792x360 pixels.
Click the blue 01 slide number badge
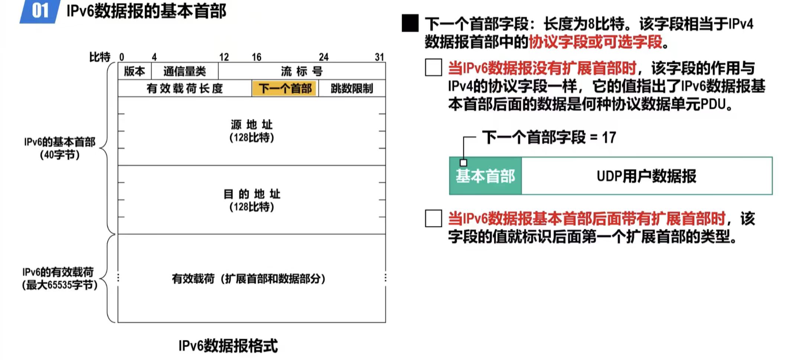coord(40,11)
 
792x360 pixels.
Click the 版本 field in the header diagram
coord(134,71)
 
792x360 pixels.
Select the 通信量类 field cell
coord(185,71)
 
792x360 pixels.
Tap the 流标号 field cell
coord(302,71)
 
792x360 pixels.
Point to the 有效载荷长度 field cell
coord(185,88)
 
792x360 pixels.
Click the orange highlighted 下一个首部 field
coord(285,88)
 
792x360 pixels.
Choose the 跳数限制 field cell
coord(352,88)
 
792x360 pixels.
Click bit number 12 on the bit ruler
coord(224,57)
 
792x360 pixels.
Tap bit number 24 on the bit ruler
coord(323,57)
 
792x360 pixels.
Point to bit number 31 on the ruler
coord(379,57)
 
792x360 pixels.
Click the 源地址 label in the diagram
coord(251,124)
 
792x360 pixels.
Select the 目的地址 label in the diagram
coord(251,194)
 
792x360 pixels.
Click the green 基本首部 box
coord(485,176)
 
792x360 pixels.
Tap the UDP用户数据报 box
coord(646,176)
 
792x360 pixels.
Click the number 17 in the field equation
coord(609,137)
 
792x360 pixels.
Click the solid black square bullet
coord(410,23)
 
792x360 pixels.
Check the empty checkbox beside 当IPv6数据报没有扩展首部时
coord(433,68)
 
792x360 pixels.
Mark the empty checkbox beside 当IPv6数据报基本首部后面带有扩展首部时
coord(433,218)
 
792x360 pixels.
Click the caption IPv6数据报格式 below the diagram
coord(228,346)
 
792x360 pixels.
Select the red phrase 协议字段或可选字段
coord(596,42)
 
